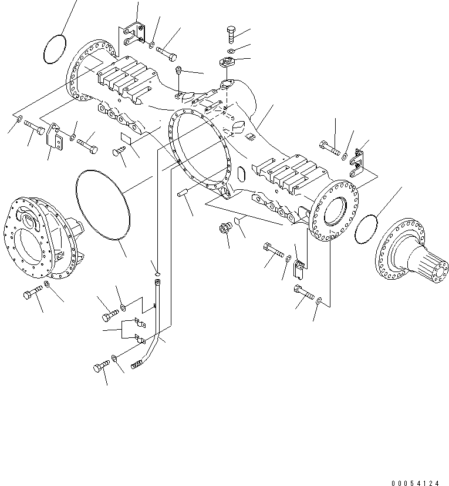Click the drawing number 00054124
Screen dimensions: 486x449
tap(415, 482)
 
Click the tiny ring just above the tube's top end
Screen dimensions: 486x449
tap(157, 272)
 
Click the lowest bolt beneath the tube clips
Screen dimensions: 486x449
tap(99, 368)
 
